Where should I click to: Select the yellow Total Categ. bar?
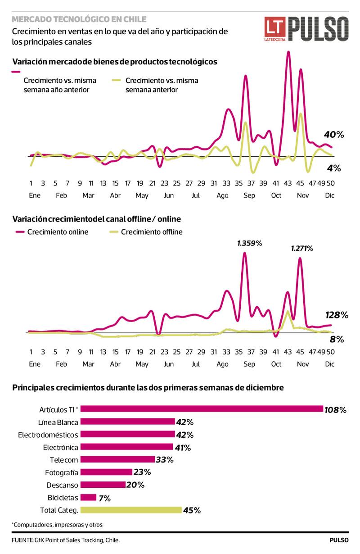(x=131, y=510)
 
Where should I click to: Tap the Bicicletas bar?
(x=88, y=497)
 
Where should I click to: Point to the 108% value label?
(x=336, y=410)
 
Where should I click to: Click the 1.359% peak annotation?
(x=249, y=244)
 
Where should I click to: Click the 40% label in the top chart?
(x=333, y=134)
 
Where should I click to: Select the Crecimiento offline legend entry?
(x=147, y=232)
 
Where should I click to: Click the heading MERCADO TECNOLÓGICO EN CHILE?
(x=79, y=19)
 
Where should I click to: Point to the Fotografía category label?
(x=62, y=472)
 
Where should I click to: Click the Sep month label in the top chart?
(x=249, y=195)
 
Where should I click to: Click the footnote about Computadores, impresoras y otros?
(x=60, y=525)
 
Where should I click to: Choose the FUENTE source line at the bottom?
(x=66, y=540)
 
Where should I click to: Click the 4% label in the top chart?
(x=334, y=168)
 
